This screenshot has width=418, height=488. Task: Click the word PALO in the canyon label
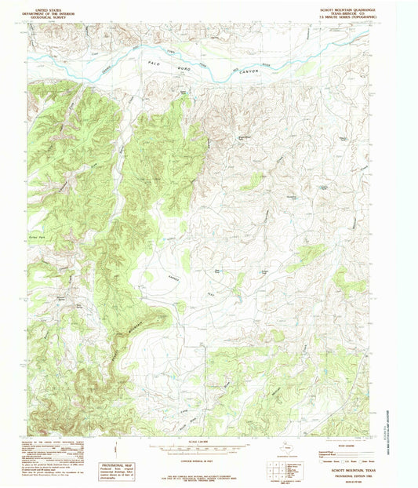click(x=154, y=60)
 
